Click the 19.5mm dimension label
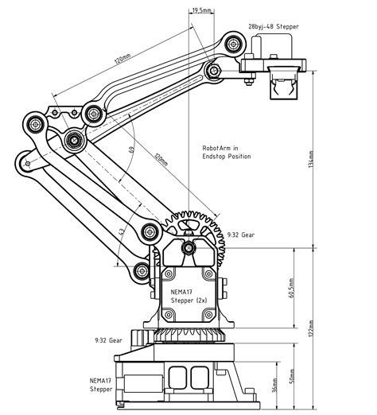click(202, 10)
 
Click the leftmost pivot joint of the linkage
click(35, 124)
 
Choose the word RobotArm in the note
click(216, 148)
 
